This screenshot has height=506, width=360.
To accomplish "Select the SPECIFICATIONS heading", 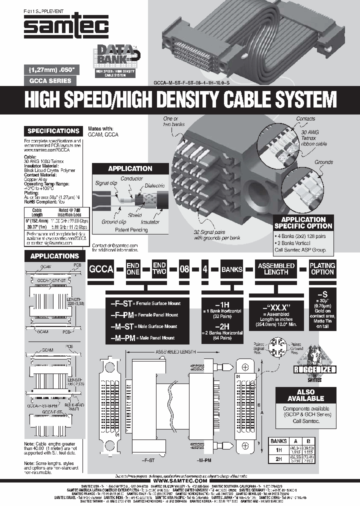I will [x=53, y=131].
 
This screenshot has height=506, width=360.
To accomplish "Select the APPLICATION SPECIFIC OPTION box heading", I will [x=303, y=222].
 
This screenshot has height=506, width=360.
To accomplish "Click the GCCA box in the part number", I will [x=100, y=268].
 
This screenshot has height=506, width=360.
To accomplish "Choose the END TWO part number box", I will [x=159, y=268].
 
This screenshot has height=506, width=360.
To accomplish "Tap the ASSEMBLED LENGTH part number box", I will [x=276, y=268].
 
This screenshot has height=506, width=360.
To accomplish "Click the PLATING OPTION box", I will [x=322, y=268].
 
